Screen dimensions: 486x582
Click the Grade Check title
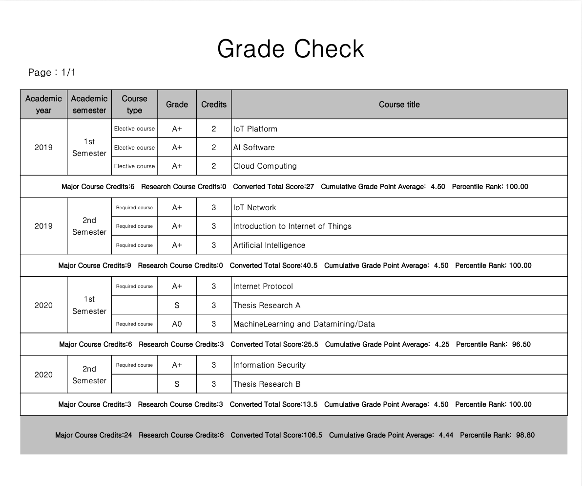pos(291,49)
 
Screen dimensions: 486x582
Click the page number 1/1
pos(68,72)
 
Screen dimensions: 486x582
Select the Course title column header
pos(399,104)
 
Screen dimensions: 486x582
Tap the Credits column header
pos(214,104)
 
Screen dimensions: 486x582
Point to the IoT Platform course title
pos(255,129)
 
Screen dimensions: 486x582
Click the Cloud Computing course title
pos(265,166)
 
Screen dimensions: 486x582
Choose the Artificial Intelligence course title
pos(269,245)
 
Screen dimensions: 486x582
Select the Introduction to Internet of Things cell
pos(292,226)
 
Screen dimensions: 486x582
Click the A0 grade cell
pos(177,324)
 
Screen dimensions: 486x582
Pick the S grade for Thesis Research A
pos(177,306)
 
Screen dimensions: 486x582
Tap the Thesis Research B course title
pos(267,384)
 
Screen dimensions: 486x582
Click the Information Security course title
pos(269,365)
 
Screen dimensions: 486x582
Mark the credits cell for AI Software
pos(214,148)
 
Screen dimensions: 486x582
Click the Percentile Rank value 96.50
pos(521,344)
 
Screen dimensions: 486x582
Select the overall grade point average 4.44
pos(446,435)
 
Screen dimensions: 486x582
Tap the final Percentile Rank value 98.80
pos(525,435)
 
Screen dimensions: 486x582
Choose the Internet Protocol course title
pos(263,287)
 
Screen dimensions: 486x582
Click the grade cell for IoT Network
pos(177,208)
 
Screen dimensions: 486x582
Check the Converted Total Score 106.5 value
pos(312,435)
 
